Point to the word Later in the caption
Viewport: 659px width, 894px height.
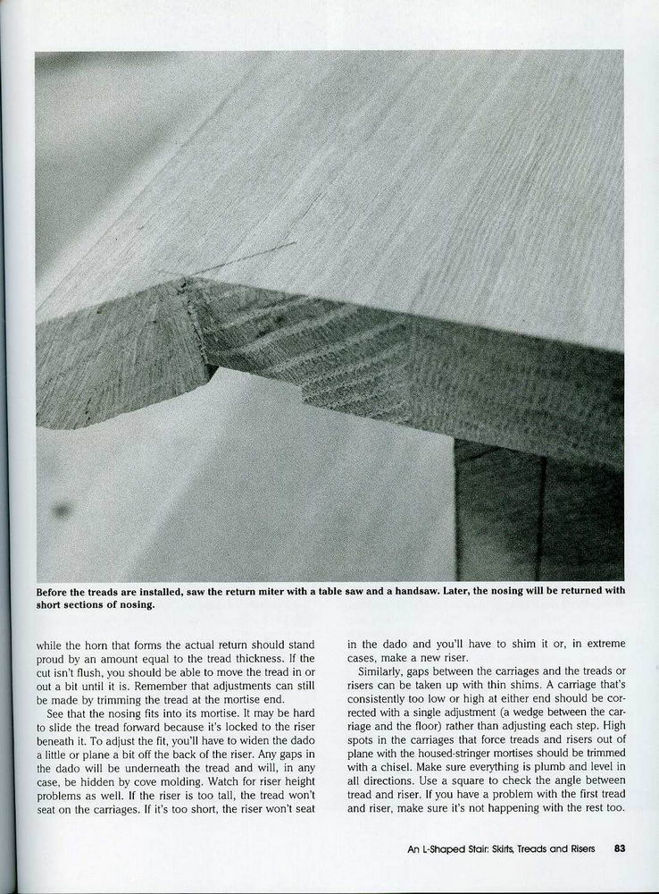(483, 591)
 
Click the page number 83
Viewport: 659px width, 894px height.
(620, 849)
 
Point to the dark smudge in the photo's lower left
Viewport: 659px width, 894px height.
(62, 510)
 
